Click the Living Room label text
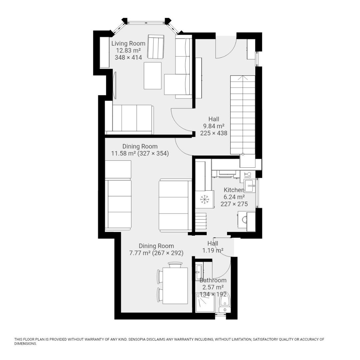(x=128, y=43)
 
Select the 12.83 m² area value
(x=128, y=50)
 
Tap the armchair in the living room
(x=156, y=46)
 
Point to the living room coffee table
(x=152, y=76)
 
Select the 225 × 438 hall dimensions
(x=214, y=133)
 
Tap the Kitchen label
(x=234, y=190)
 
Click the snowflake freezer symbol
(x=204, y=199)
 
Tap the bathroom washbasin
(x=199, y=269)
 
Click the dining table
(x=175, y=286)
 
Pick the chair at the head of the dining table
(x=175, y=265)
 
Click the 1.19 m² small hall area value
(x=213, y=250)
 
